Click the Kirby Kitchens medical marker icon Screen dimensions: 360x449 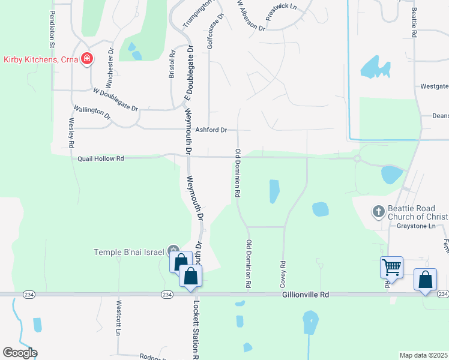87,59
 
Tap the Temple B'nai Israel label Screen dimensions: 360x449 128,252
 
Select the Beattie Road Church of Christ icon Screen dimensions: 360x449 378,211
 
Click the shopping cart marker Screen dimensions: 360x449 391,266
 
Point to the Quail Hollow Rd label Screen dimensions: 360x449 101,158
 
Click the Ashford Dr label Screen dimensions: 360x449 211,130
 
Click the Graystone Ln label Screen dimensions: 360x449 415,226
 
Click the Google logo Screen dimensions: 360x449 20,353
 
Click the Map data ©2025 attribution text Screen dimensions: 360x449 423,355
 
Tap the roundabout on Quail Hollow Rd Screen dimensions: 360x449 357,159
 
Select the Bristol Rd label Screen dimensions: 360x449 172,64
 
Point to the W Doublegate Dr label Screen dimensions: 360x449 116,99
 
